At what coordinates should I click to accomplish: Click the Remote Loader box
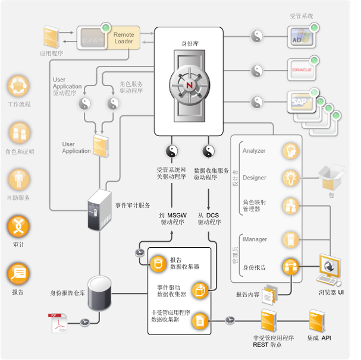(x=124, y=38)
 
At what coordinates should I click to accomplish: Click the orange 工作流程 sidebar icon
(x=18, y=86)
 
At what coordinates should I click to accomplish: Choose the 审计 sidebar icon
(x=18, y=226)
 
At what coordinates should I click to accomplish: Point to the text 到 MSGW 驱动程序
(x=173, y=218)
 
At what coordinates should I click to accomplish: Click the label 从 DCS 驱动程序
(x=209, y=218)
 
